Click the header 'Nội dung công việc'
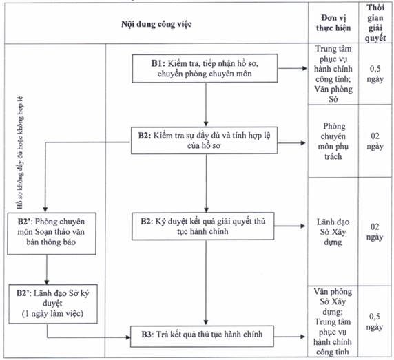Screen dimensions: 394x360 point(156,24)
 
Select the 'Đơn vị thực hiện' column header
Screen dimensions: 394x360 point(333,23)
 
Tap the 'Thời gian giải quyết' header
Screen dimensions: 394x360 point(375,23)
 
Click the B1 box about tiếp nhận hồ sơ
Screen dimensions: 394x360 point(205,68)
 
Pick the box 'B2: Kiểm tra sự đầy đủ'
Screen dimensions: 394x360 point(204,140)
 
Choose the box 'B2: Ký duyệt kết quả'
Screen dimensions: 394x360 point(203,226)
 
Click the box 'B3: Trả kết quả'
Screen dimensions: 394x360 point(202,336)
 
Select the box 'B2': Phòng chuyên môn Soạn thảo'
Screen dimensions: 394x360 point(52,234)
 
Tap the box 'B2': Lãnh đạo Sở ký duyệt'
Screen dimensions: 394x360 point(53,304)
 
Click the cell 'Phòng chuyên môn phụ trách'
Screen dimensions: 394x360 point(333,141)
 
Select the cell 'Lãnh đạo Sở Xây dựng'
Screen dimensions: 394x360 point(333,232)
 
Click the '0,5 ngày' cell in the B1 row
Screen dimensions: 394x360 point(375,74)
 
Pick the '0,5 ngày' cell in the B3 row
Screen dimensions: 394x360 point(375,321)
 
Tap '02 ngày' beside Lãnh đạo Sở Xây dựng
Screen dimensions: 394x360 point(375,232)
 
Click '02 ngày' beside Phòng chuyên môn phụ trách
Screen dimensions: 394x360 point(375,141)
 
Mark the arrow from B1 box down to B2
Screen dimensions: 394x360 point(206,105)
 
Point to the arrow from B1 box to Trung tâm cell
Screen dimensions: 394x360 point(293,68)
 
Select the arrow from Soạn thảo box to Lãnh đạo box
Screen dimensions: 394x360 point(46,270)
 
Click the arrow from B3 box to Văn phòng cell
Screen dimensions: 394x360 point(289,337)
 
